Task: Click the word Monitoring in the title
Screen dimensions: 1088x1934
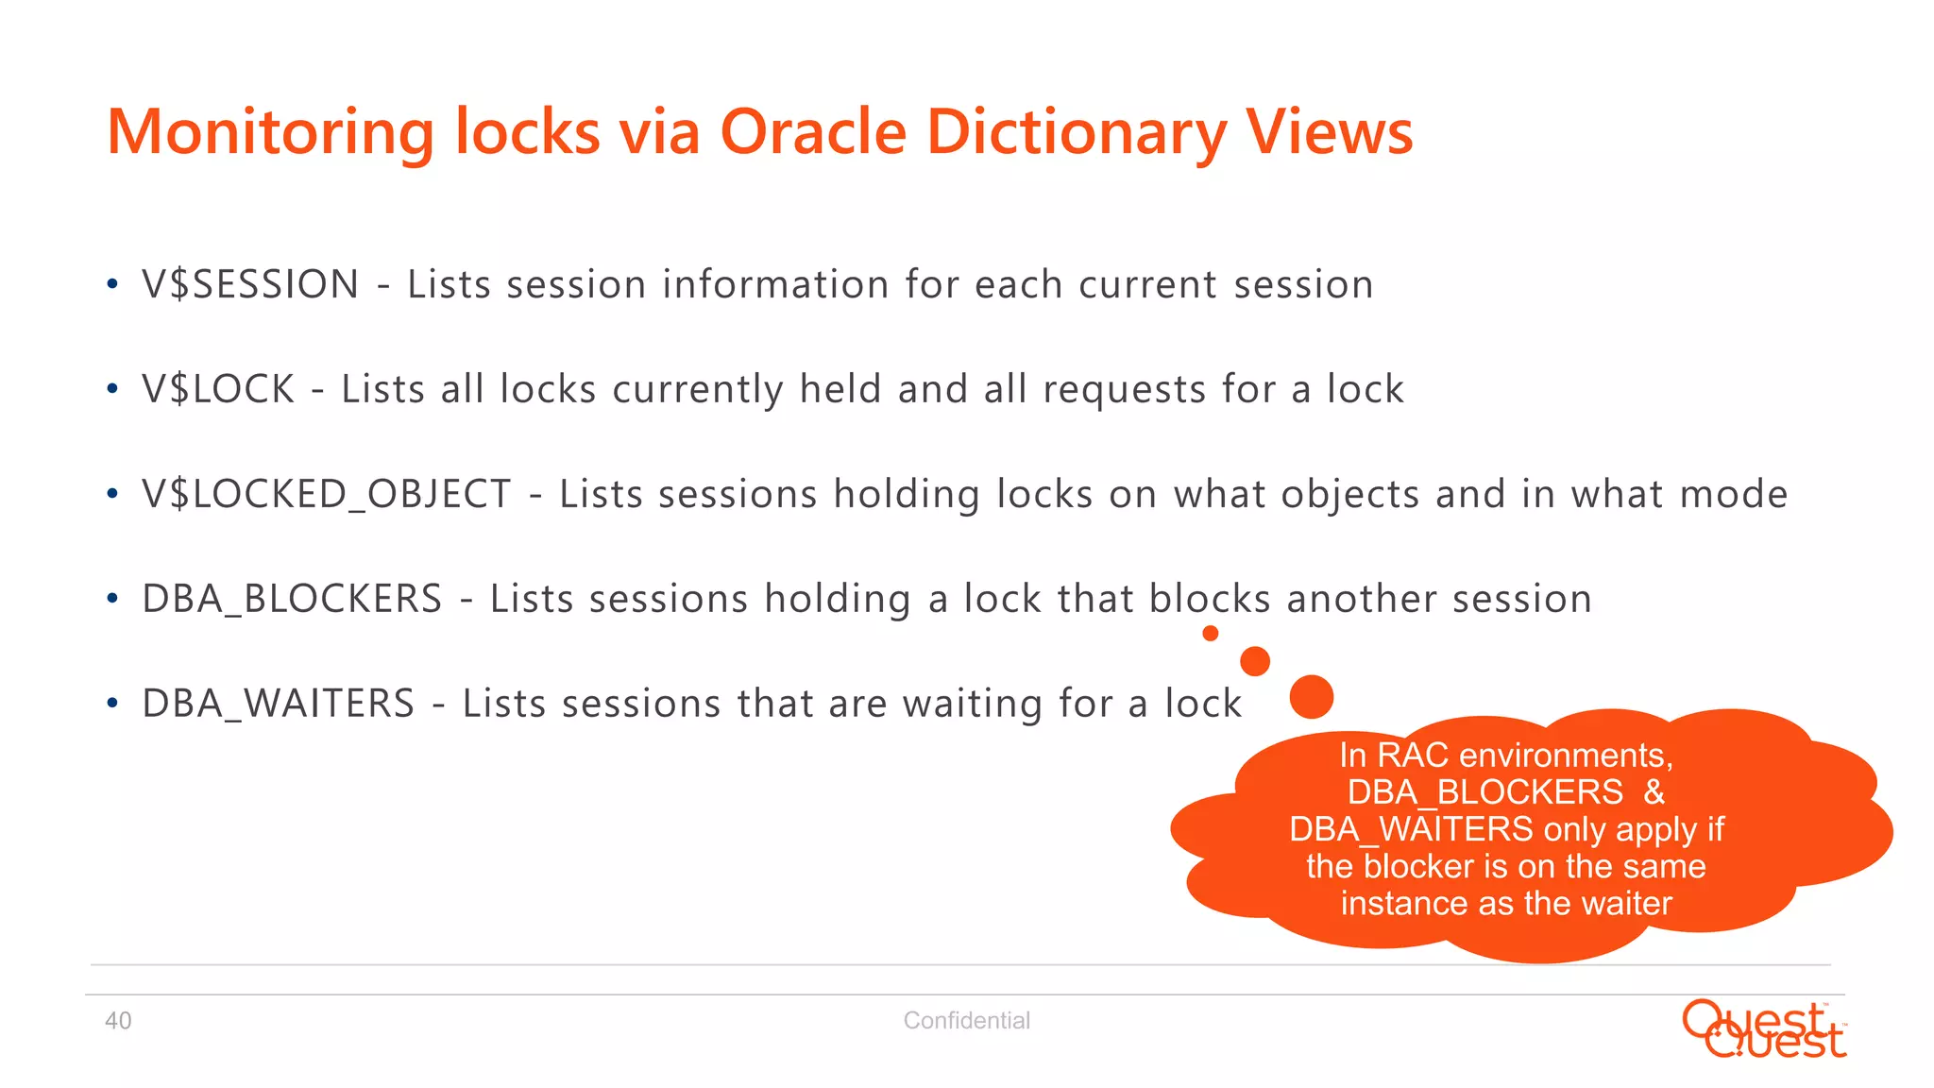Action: (270, 132)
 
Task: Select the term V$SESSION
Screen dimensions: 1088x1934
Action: (250, 284)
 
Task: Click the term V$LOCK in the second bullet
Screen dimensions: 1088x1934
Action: (218, 389)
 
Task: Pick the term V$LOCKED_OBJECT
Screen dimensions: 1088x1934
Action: (327, 495)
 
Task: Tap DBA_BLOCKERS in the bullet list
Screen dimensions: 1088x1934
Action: (292, 599)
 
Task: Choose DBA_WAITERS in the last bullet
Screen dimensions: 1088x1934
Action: (278, 704)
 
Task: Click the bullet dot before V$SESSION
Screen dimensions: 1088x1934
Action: (112, 284)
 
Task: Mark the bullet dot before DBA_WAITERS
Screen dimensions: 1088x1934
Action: (112, 704)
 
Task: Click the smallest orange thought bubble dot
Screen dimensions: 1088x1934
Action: (1210, 634)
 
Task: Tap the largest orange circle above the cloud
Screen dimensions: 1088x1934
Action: (1311, 697)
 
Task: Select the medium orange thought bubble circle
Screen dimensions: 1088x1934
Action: (1254, 661)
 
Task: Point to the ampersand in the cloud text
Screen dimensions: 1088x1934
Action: (1654, 792)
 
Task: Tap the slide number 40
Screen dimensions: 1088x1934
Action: (118, 1021)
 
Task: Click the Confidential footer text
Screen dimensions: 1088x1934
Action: (966, 1021)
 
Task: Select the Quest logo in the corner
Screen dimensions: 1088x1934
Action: (1763, 1029)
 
